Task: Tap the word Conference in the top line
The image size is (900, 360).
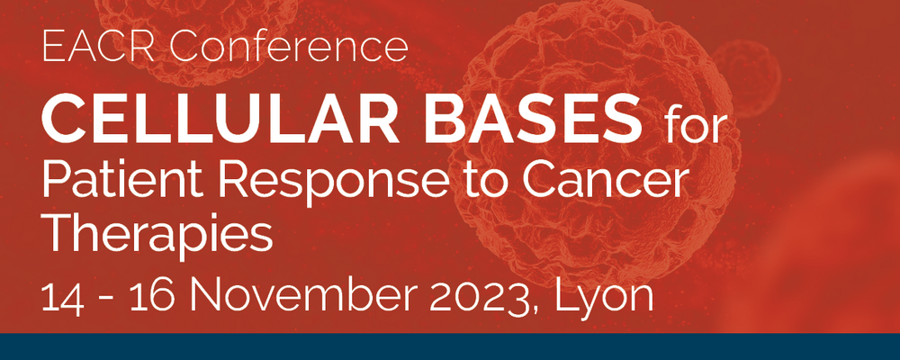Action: coord(289,48)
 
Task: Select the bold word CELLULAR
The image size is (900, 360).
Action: coord(220,121)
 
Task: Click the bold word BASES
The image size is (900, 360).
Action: coord(533,121)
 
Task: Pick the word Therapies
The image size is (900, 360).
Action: coord(157,237)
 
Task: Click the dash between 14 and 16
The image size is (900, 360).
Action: coord(107,301)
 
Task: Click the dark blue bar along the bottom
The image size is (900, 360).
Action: coord(450,346)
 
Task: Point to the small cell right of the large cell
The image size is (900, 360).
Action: coord(746,77)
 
